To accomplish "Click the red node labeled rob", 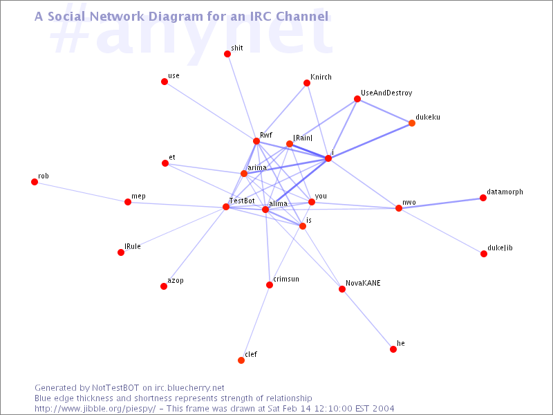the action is [35, 182].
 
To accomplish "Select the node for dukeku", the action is [412, 123].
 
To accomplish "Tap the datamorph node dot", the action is [483, 198].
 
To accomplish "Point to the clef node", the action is [241, 360].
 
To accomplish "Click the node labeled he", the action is [393, 349].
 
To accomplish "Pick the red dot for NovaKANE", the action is [342, 289].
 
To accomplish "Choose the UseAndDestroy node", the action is [357, 99].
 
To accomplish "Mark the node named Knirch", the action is [307, 83].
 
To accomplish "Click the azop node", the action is [164, 286].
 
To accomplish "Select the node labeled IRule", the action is [121, 252].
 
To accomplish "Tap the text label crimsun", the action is [286, 279].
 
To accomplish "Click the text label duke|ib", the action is [500, 248].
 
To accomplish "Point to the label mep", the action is [138, 196].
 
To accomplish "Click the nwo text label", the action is [409, 203].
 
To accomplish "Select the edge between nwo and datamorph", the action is [441, 203].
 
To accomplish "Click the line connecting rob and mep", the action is [81, 192].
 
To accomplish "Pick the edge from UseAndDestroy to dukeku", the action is [384, 111].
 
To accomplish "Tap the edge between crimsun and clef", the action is [255, 322].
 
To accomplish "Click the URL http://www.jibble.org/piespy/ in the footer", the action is [95, 409].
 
